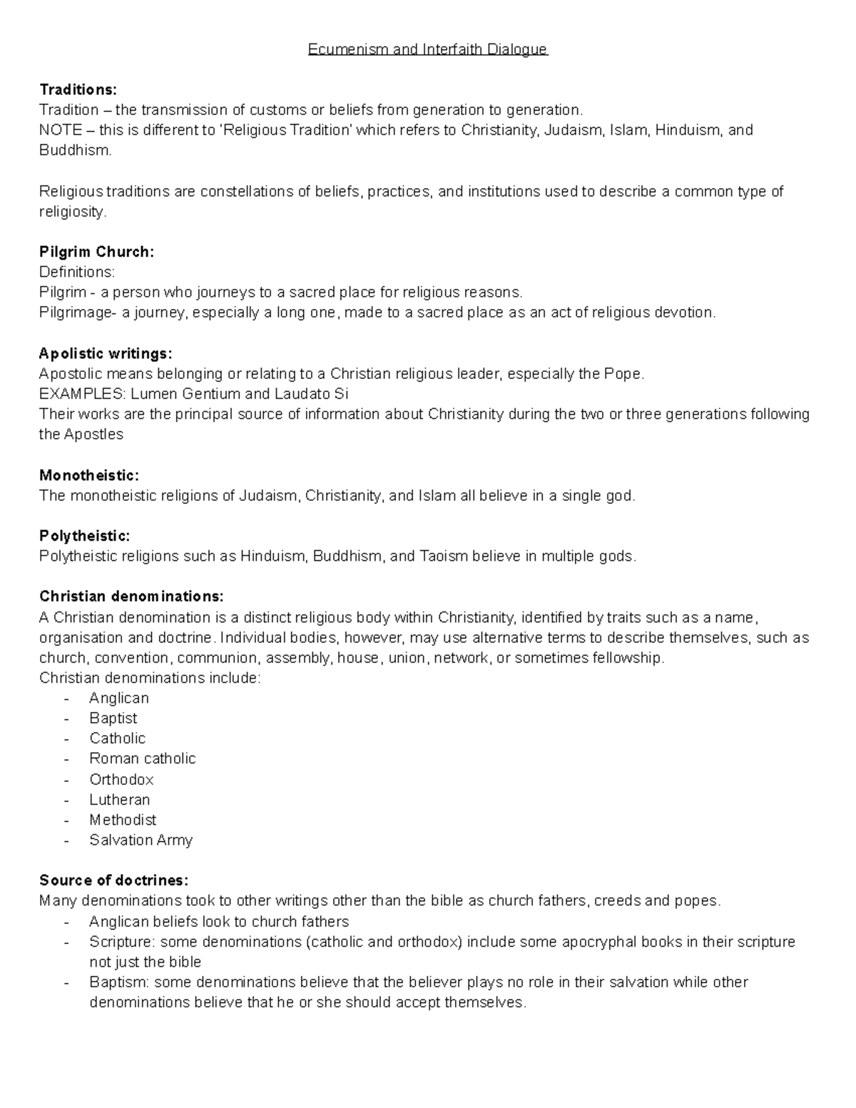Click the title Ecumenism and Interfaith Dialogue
tap(427, 49)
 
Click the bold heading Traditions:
tap(78, 89)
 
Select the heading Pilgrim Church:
tap(96, 252)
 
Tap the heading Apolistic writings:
tap(106, 353)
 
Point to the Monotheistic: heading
tap(89, 475)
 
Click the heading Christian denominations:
tap(131, 596)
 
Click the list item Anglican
tap(119, 698)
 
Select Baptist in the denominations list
tap(113, 718)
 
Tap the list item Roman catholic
tap(143, 758)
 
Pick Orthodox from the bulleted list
tap(121, 779)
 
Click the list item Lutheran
tap(120, 800)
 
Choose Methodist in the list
tap(123, 820)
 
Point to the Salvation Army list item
tap(141, 840)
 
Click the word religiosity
tap(72, 212)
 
